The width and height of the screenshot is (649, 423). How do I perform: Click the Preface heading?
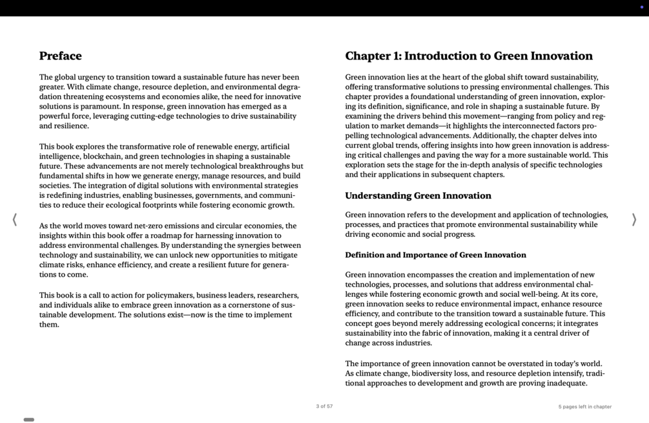[60, 56]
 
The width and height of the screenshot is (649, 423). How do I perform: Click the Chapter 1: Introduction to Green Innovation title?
[468, 56]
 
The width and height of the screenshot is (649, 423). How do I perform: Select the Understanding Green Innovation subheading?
[418, 196]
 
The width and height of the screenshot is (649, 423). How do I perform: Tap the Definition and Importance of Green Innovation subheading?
[435, 255]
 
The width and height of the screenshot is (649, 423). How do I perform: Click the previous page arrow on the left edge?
[15, 220]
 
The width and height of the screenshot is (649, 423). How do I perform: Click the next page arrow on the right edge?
[634, 220]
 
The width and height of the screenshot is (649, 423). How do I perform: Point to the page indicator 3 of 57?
[324, 406]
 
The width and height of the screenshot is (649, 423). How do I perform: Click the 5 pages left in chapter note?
[584, 407]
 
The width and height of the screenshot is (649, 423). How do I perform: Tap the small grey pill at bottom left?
[29, 420]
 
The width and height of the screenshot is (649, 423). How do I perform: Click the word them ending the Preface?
[48, 325]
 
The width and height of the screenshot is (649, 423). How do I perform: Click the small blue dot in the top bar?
[641, 7]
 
